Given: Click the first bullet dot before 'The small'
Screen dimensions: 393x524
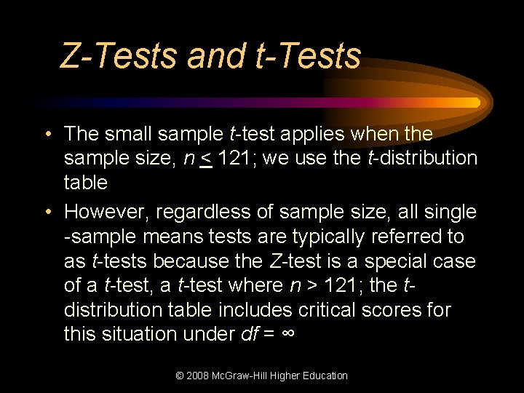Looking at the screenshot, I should pyautogui.click(x=47, y=135).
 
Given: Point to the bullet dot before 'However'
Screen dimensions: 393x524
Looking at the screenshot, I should pyautogui.click(x=47, y=213).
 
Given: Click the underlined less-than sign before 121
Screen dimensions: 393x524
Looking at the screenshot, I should pyautogui.click(x=206, y=159).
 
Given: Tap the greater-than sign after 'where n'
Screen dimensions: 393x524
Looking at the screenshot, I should pyautogui.click(x=311, y=285).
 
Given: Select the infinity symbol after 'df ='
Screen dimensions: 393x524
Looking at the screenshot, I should pyautogui.click(x=289, y=334).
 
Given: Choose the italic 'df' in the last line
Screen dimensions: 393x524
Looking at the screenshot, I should pyautogui.click(x=249, y=334).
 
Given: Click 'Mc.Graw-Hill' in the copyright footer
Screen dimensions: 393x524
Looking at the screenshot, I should pyautogui.click(x=245, y=376).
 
